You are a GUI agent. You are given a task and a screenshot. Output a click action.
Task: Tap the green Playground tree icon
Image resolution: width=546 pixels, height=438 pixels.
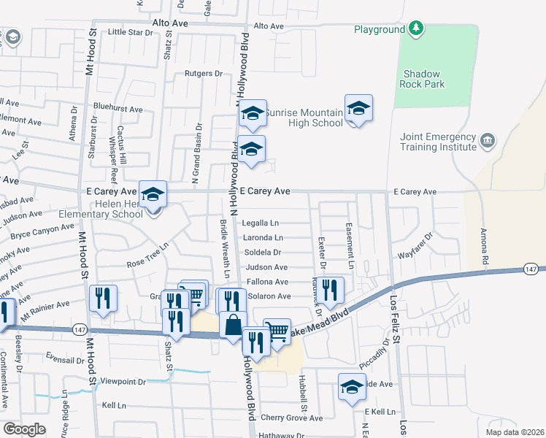(x=416, y=29)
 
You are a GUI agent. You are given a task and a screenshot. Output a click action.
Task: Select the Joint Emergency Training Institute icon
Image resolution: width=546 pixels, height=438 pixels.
(x=488, y=139)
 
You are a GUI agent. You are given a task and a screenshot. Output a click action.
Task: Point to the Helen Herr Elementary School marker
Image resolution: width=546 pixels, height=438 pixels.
(x=153, y=195)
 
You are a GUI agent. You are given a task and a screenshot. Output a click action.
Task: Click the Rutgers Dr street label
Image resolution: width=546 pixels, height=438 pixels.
(x=203, y=74)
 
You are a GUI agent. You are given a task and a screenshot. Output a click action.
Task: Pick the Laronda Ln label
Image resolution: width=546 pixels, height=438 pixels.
(x=264, y=238)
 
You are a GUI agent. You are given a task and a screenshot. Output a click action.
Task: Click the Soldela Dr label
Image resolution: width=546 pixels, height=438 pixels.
(x=262, y=253)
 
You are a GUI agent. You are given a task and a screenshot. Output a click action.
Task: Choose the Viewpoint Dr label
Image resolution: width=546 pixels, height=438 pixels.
(x=123, y=381)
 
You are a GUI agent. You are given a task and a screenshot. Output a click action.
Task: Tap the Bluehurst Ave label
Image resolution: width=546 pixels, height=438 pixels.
(x=118, y=109)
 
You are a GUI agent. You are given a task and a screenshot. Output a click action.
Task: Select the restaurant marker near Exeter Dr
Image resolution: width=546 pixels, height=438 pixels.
(x=331, y=291)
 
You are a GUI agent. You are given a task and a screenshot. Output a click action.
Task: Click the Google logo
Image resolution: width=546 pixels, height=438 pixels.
(x=24, y=429)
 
